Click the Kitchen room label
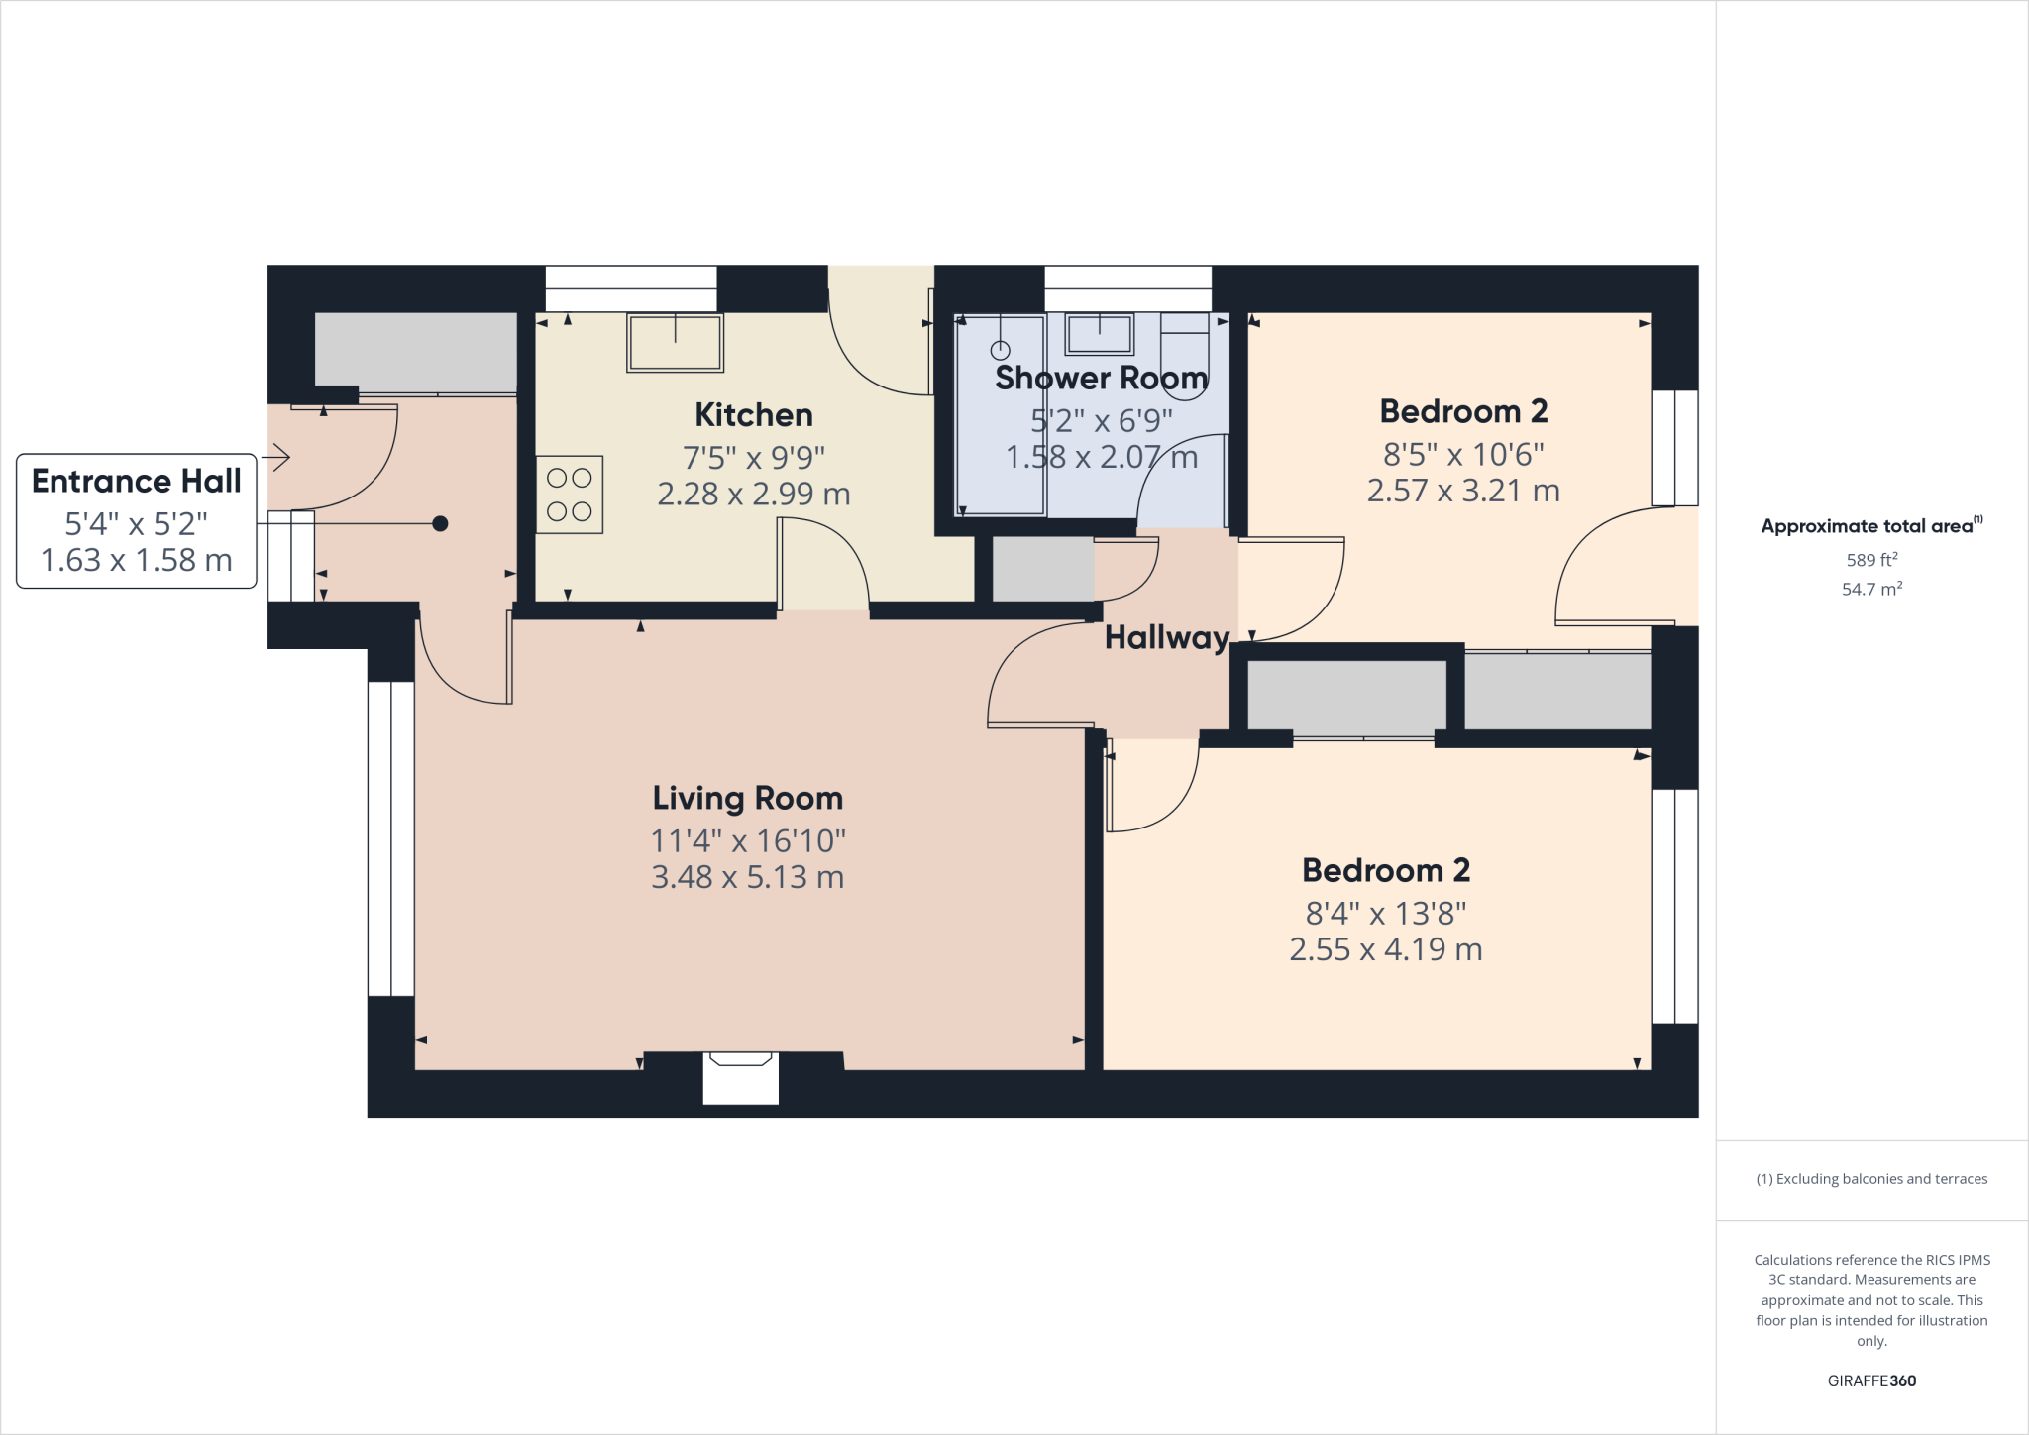click(753, 414)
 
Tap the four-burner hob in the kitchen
click(570, 495)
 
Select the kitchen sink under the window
click(675, 342)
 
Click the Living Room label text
click(747, 798)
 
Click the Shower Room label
click(1101, 378)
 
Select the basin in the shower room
click(1099, 334)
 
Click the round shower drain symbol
click(1001, 350)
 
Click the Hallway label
click(1167, 637)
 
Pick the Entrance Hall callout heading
click(137, 481)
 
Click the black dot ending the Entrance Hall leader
click(440, 523)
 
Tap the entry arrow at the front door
click(276, 458)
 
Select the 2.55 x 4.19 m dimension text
click(1385, 949)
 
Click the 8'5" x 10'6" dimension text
click(1463, 455)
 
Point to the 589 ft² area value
click(1871, 560)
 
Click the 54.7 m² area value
click(1871, 589)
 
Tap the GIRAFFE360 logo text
click(1871, 1380)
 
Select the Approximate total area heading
click(1869, 526)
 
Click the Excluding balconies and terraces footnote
click(1871, 1179)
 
